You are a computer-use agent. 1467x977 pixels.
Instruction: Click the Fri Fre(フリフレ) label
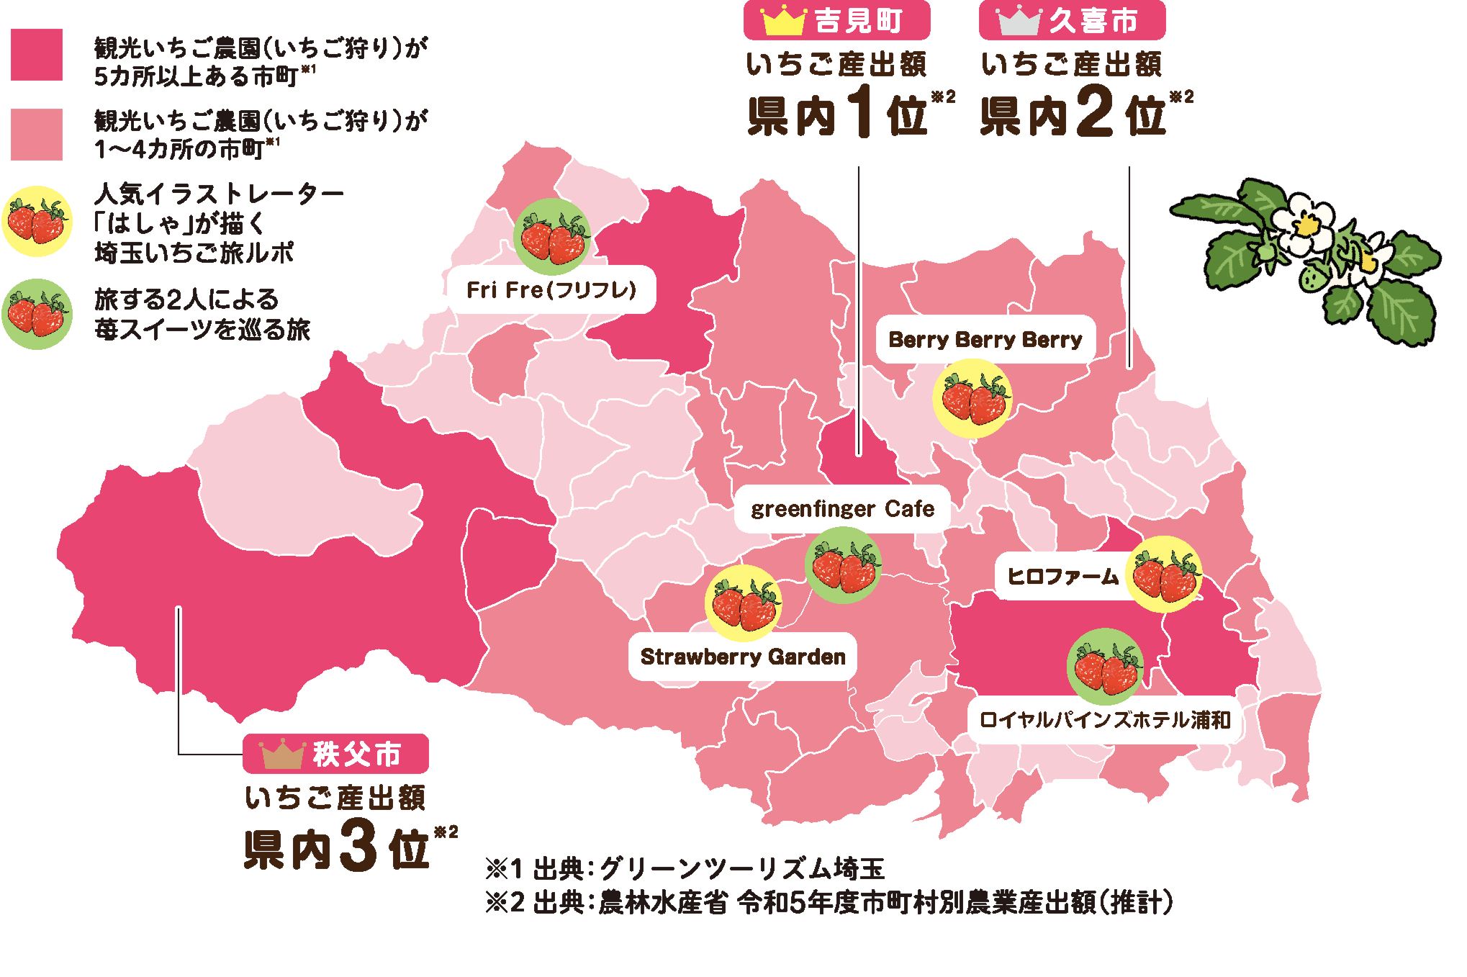[551, 289]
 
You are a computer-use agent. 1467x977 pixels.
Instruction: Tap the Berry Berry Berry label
[985, 339]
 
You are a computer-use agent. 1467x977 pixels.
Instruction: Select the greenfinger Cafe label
[842, 509]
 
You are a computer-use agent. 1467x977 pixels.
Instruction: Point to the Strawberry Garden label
[743, 657]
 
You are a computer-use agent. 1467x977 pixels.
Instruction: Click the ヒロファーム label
[1062, 576]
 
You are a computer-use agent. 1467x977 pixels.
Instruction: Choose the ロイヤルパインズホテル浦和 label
[1105, 719]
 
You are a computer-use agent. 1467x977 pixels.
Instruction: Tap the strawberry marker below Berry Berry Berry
[972, 399]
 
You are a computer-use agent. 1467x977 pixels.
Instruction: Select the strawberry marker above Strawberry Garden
[744, 603]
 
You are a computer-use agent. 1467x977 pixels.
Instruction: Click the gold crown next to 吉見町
[783, 21]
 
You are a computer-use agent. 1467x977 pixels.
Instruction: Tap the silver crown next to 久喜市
[1019, 22]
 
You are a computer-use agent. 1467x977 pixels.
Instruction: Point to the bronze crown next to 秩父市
[283, 754]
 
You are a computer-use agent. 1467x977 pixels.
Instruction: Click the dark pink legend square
[37, 55]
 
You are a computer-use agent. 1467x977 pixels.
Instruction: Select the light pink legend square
[37, 135]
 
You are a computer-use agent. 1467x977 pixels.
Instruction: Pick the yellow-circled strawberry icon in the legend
[37, 222]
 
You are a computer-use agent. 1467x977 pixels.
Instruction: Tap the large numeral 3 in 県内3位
[358, 844]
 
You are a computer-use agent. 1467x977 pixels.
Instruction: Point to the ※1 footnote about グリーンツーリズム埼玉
[685, 869]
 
